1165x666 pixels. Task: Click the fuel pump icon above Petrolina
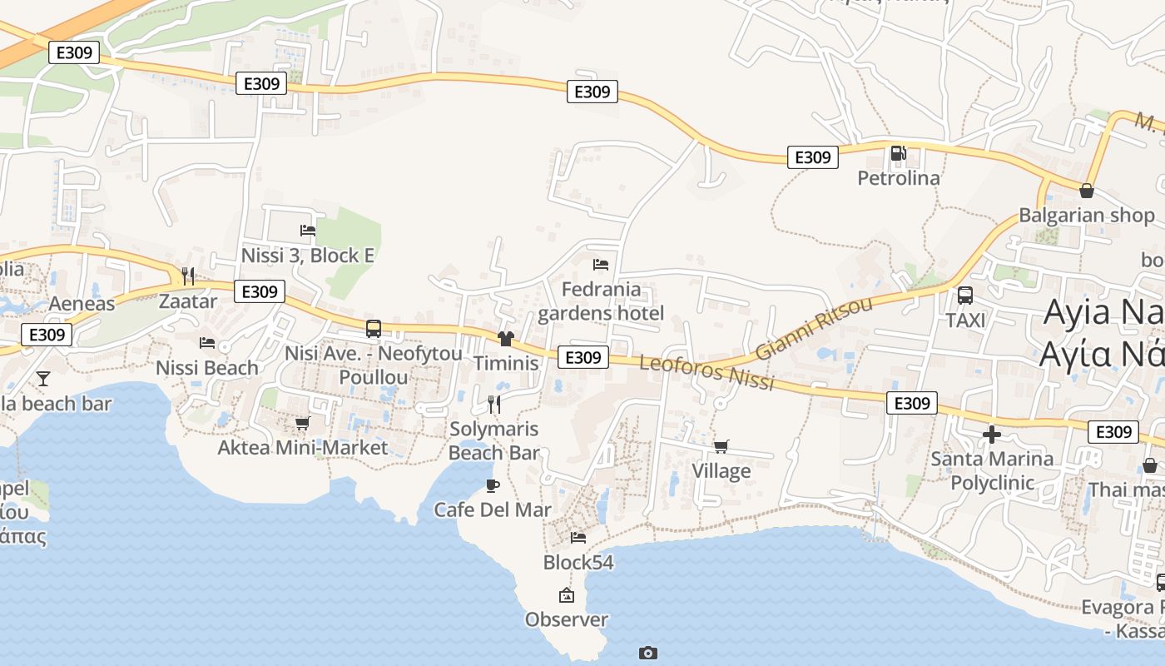click(x=898, y=153)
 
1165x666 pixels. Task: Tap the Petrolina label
click(x=899, y=178)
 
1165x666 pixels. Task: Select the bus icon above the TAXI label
click(x=965, y=295)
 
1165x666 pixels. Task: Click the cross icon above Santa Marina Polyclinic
click(x=991, y=434)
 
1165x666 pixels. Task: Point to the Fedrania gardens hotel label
click(x=601, y=301)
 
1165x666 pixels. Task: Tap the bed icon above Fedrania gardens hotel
click(x=601, y=265)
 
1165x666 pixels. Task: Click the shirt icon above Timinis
click(x=506, y=338)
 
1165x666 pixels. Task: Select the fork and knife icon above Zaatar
click(x=188, y=276)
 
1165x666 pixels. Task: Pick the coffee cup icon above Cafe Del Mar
click(x=493, y=485)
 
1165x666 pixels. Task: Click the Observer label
click(x=567, y=619)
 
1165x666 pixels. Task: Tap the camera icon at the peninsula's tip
click(x=648, y=653)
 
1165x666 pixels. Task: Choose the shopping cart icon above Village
click(x=721, y=446)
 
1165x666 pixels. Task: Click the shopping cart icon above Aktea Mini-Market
click(x=303, y=423)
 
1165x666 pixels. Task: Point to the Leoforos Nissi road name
click(x=707, y=371)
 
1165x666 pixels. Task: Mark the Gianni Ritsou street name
click(x=814, y=327)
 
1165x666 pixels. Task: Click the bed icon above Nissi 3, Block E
click(x=308, y=230)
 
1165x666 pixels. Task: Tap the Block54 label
click(x=578, y=563)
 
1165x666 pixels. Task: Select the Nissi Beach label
click(x=207, y=367)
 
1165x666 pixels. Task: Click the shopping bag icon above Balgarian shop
click(x=1086, y=190)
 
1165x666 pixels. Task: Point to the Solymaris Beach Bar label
click(x=493, y=441)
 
